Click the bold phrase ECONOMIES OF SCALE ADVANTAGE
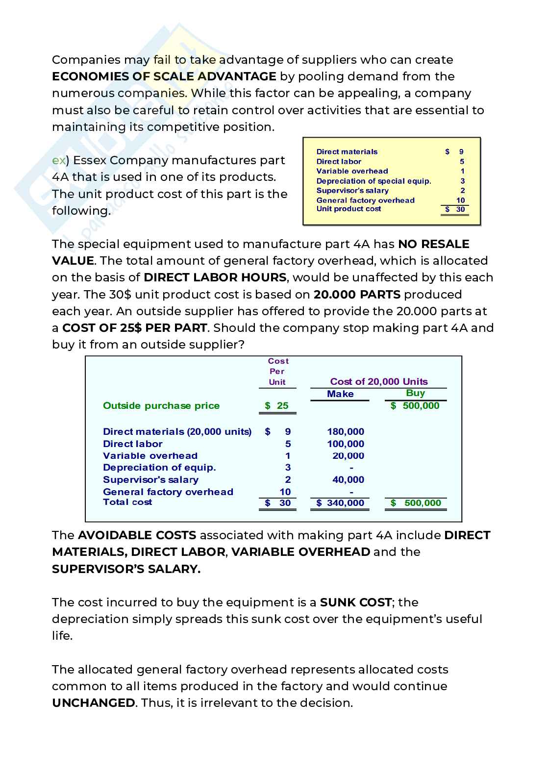point(164,76)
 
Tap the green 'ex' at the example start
point(58,160)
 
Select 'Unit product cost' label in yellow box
point(349,209)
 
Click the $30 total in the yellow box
point(455,209)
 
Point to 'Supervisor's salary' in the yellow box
point(352,190)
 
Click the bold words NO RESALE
point(433,244)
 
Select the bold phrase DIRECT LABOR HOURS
point(215,277)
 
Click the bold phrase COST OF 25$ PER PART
point(135,328)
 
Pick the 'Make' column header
point(340,394)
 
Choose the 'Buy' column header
point(415,393)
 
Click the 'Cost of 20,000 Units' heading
point(378,381)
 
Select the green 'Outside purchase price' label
point(161,405)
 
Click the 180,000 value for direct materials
point(346,431)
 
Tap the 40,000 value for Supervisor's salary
point(348,479)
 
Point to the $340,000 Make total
point(340,502)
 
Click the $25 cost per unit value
point(277,405)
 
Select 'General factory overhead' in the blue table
point(168,492)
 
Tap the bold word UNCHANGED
point(93,703)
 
